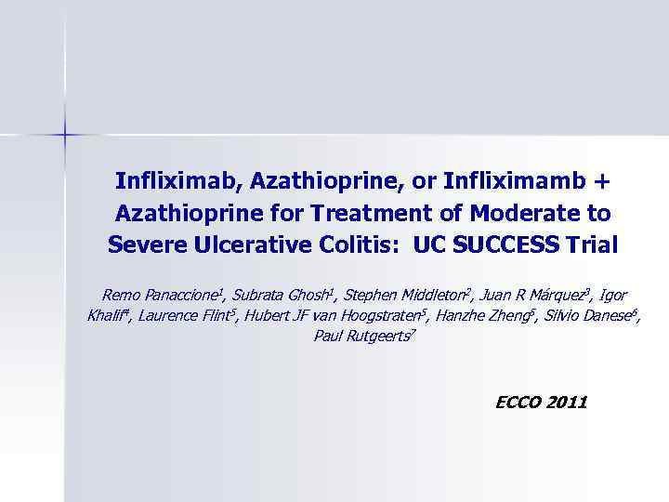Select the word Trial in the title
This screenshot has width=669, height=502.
[x=592, y=245]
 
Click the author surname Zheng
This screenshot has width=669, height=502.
[x=481, y=316]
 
